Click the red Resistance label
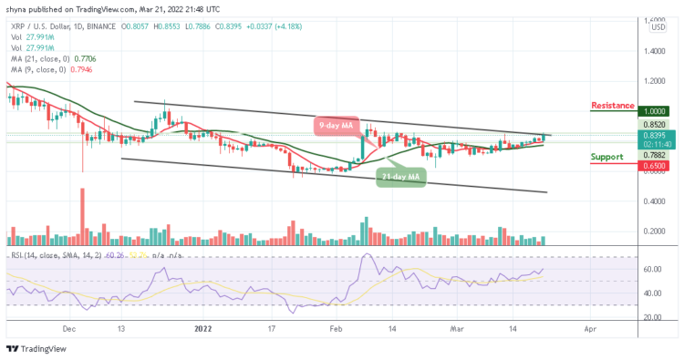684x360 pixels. [x=613, y=106]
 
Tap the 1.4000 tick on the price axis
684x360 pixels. [x=655, y=52]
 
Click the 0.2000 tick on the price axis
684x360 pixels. [x=655, y=231]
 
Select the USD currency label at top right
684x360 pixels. [x=655, y=27]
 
